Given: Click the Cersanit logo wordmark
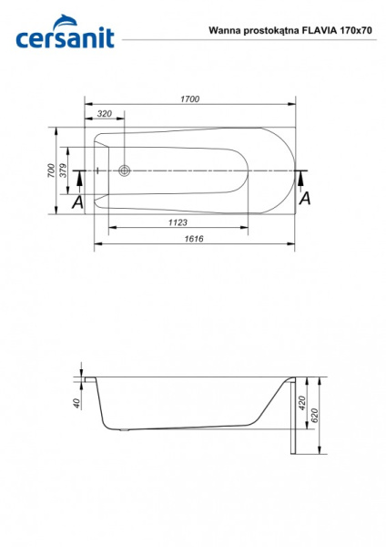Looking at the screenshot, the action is point(66,38).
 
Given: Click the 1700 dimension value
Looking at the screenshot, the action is point(190,99).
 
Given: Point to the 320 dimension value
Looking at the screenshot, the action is point(105,114).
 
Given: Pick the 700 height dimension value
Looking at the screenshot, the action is point(51,170).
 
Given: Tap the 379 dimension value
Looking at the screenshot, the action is point(63,170).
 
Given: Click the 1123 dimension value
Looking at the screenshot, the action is point(178,222).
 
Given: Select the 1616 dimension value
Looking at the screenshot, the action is point(194,239).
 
